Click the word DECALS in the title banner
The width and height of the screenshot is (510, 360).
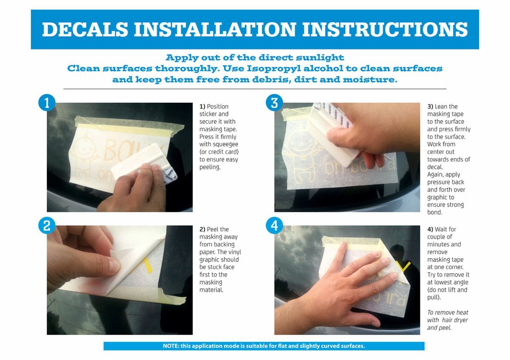(85, 30)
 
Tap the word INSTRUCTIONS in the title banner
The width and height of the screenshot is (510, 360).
(385, 30)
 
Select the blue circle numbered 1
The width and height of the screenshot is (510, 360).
(47, 103)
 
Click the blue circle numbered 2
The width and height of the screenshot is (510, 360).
(47, 225)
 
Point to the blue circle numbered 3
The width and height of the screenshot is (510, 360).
(274, 103)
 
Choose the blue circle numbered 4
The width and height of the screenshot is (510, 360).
(274, 225)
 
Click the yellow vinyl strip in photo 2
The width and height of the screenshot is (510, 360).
(147, 265)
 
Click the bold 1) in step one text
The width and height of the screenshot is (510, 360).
(202, 106)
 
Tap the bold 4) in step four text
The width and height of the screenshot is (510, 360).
(430, 229)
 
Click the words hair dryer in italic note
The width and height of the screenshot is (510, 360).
(455, 320)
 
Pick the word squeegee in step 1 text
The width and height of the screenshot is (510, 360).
(225, 145)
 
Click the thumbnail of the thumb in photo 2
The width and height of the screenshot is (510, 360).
(114, 266)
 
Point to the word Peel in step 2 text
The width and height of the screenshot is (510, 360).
(212, 229)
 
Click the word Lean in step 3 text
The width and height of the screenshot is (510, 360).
(441, 106)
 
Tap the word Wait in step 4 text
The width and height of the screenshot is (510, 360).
(441, 229)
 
